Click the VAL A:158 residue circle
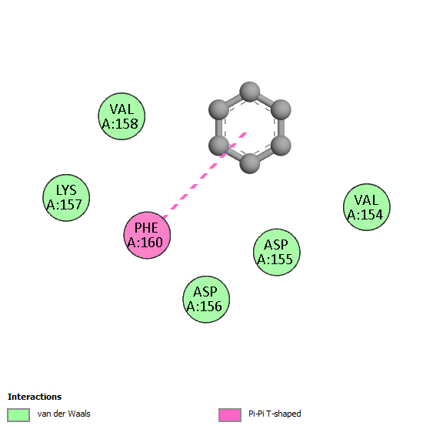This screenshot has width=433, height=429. [122, 116]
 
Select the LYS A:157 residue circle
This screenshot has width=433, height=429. [66, 197]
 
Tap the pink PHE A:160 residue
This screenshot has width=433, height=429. [147, 235]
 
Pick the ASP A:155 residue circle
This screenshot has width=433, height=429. [277, 252]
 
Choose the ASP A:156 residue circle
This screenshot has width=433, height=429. [206, 300]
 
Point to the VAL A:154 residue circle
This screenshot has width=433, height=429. [367, 207]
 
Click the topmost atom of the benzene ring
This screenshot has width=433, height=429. [250, 92]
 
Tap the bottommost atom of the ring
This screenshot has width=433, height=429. [250, 163]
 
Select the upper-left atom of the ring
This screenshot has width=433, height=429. [218, 110]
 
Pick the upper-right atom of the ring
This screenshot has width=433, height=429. [281, 110]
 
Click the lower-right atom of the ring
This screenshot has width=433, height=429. [281, 146]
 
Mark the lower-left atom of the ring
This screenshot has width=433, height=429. [218, 146]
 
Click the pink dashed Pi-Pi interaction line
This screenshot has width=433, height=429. [205, 175]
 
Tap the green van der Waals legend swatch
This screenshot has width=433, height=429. [18, 415]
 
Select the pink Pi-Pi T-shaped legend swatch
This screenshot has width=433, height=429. [230, 415]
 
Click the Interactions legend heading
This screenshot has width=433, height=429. [35, 397]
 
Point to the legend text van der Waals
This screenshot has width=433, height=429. [64, 414]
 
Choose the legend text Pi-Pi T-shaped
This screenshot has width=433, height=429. [275, 414]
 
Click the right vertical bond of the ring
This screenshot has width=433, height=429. [281, 128]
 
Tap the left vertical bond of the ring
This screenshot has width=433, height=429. [218, 128]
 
